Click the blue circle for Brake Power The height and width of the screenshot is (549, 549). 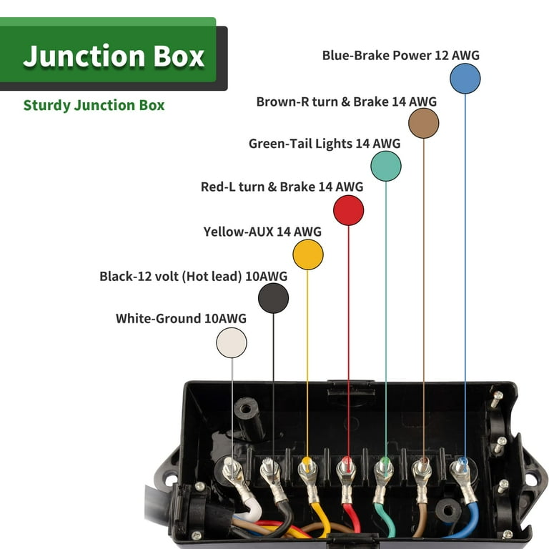465,79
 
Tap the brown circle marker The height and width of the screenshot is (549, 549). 423,123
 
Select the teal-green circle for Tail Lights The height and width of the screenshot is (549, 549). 386,166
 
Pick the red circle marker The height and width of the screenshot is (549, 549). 349,210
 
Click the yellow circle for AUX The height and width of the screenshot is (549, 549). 308,254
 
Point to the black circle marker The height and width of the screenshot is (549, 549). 273,298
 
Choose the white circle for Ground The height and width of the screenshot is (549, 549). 232,342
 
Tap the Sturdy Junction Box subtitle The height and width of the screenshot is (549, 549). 94,106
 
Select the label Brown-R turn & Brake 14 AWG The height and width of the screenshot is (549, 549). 346,102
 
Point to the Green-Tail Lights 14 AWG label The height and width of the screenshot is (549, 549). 324,144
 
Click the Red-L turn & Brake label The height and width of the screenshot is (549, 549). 282,187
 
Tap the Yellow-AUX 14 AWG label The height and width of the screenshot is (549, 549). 262,232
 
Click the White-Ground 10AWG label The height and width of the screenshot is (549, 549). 181,318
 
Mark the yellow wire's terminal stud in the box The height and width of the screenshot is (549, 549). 307,466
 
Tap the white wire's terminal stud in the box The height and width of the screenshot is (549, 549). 232,468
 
